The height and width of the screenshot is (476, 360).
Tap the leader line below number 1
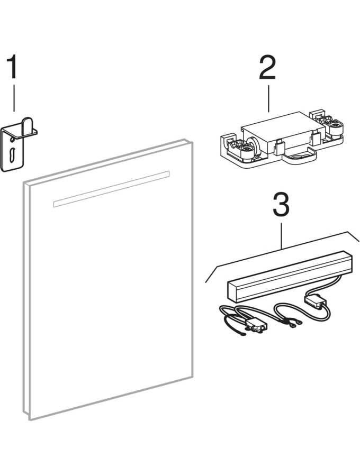coord(14,98)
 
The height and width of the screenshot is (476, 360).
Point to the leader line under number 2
coord(268,98)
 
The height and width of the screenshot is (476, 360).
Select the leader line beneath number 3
coord(281,235)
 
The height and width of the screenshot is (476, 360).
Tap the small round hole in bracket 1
coord(12,140)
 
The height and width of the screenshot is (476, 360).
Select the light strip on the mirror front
coord(111,189)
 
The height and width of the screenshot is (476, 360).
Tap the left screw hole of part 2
coord(245,149)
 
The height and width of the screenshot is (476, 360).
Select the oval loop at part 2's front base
coord(299,155)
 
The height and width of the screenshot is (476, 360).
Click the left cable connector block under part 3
coord(257,326)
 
